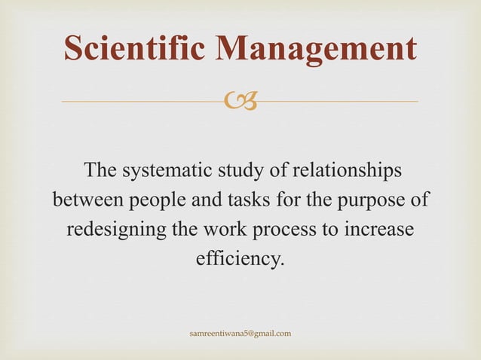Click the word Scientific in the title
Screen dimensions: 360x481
(x=135, y=49)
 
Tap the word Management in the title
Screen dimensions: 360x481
(x=316, y=49)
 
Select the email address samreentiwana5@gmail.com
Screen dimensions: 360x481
(x=240, y=333)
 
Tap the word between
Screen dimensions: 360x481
(x=89, y=201)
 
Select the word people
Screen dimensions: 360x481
(x=160, y=201)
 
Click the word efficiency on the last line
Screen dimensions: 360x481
(x=240, y=261)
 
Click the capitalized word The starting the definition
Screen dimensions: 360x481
(x=102, y=171)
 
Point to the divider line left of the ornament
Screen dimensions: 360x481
(x=143, y=101)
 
